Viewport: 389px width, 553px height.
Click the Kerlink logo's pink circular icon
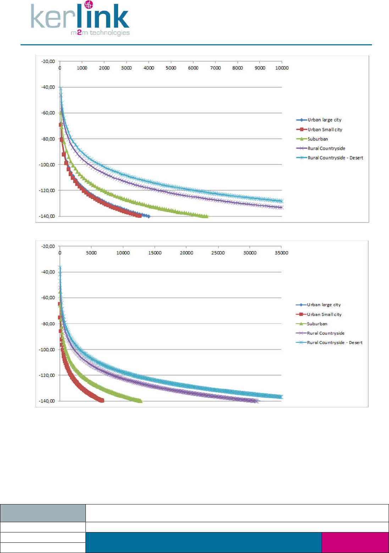[x=89, y=5]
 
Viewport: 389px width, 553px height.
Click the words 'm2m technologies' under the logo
[x=100, y=33]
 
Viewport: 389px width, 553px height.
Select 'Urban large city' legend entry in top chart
[x=324, y=120]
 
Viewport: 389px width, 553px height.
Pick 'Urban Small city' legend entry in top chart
[x=324, y=130]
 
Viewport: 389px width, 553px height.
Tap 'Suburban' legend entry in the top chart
[x=317, y=139]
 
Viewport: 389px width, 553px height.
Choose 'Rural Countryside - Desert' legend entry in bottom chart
[x=334, y=343]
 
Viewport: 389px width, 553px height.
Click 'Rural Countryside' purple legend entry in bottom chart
[x=326, y=333]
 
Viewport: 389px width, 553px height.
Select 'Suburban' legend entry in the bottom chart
[x=317, y=324]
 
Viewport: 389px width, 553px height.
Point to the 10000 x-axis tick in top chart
[x=282, y=68]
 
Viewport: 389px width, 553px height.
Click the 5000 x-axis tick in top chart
[x=171, y=68]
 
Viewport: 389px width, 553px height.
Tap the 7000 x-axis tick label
[x=215, y=68]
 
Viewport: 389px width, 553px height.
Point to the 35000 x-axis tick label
[x=282, y=253]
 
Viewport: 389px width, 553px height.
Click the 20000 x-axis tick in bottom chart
[x=187, y=253]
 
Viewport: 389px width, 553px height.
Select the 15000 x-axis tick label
[x=155, y=253]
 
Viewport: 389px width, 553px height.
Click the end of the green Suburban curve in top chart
[x=206, y=216]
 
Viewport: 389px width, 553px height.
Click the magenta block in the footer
[x=355, y=542]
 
